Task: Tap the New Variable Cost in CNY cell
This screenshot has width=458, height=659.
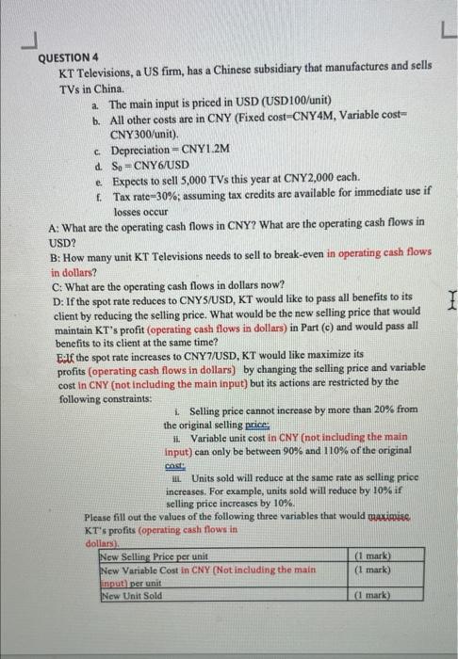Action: [207, 570]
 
